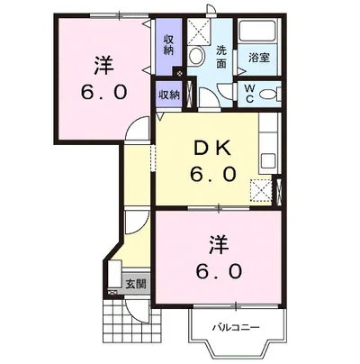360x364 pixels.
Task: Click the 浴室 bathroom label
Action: click(x=259, y=58)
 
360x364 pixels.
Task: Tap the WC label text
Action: click(x=249, y=94)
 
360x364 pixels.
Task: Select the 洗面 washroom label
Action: click(x=221, y=57)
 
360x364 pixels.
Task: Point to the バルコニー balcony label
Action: click(x=236, y=327)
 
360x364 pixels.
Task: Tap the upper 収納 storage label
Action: click(x=168, y=45)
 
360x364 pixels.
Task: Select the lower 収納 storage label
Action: click(x=169, y=95)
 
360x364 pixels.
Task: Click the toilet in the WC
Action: click(x=269, y=95)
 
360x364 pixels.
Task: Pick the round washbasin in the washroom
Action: click(x=196, y=55)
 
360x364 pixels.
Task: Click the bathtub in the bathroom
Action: click(x=257, y=32)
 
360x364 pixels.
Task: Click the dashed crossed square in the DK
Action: click(x=261, y=190)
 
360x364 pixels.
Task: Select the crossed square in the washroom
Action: click(x=199, y=32)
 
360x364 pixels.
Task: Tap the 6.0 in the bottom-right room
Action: click(x=219, y=271)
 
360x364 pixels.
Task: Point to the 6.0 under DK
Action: click(x=212, y=174)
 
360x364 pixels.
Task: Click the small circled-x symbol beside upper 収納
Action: click(x=179, y=73)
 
